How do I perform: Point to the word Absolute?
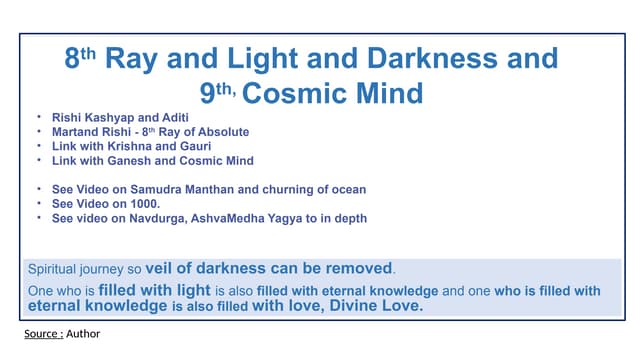[x=223, y=132]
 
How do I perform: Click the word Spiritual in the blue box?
[x=55, y=269]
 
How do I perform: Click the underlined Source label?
[x=43, y=333]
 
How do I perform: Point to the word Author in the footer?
[x=83, y=333]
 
